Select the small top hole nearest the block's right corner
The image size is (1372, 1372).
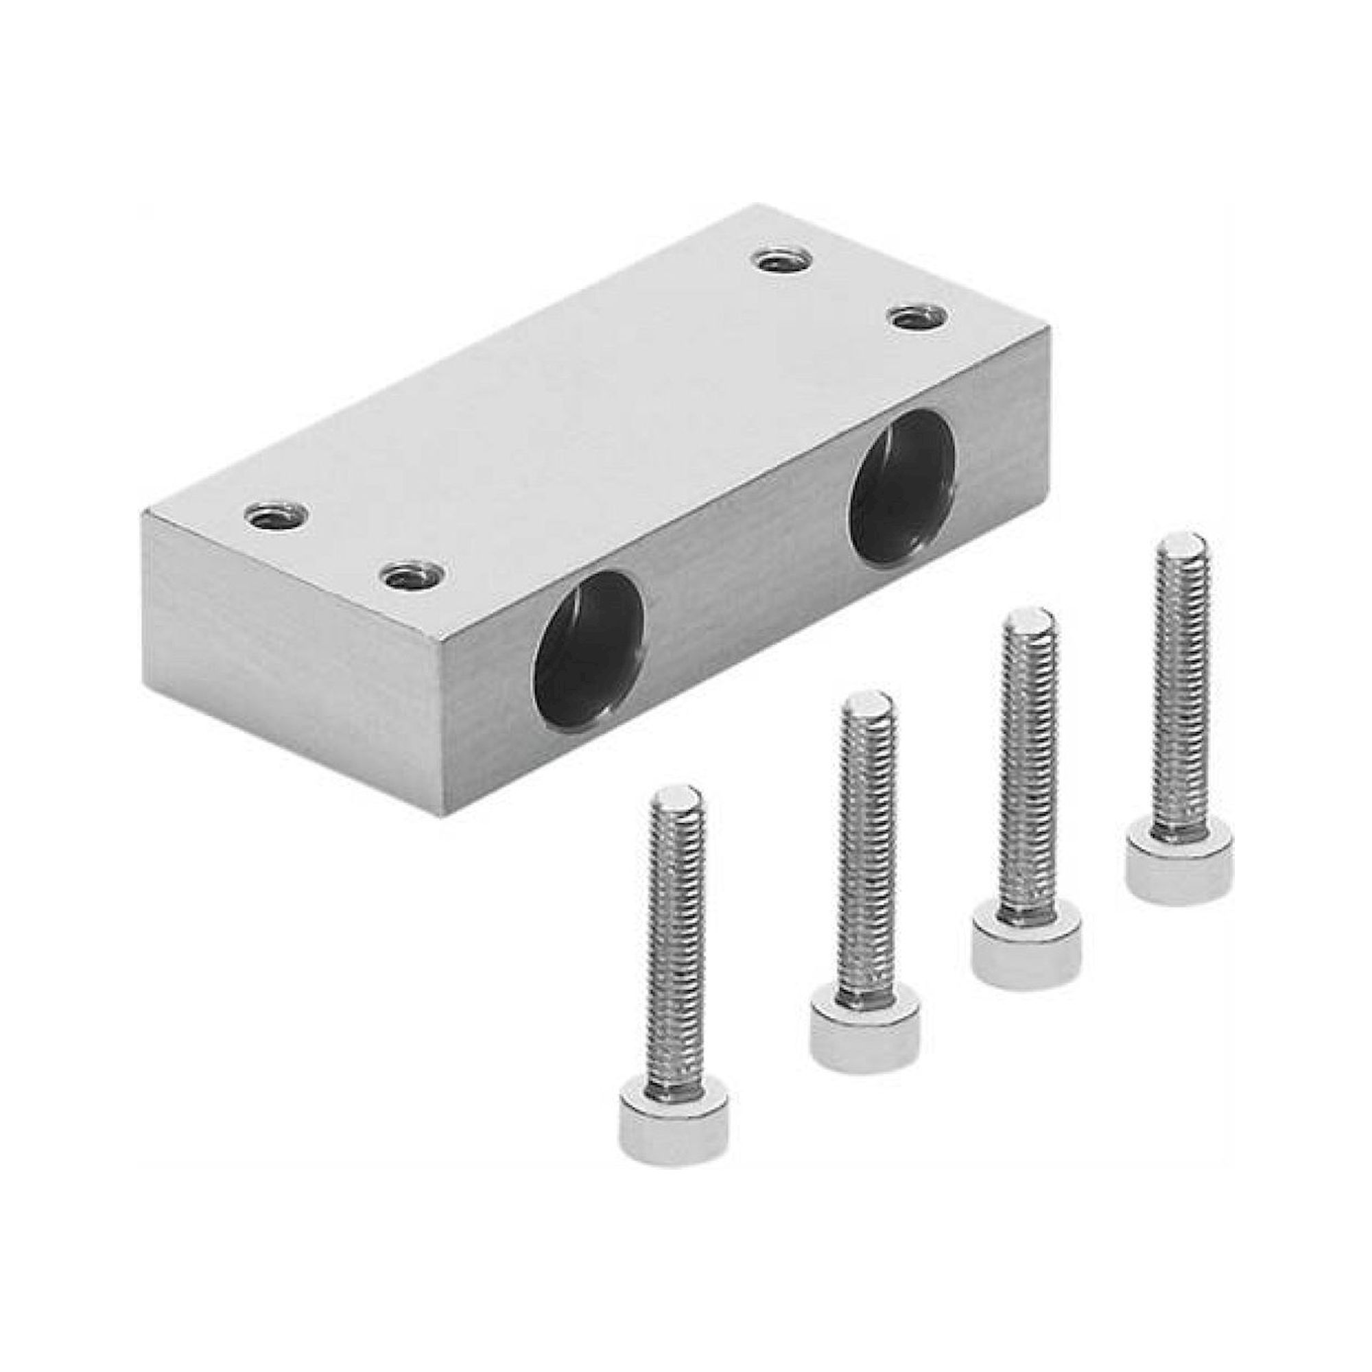[920, 316]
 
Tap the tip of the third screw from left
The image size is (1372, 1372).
[1028, 628]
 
